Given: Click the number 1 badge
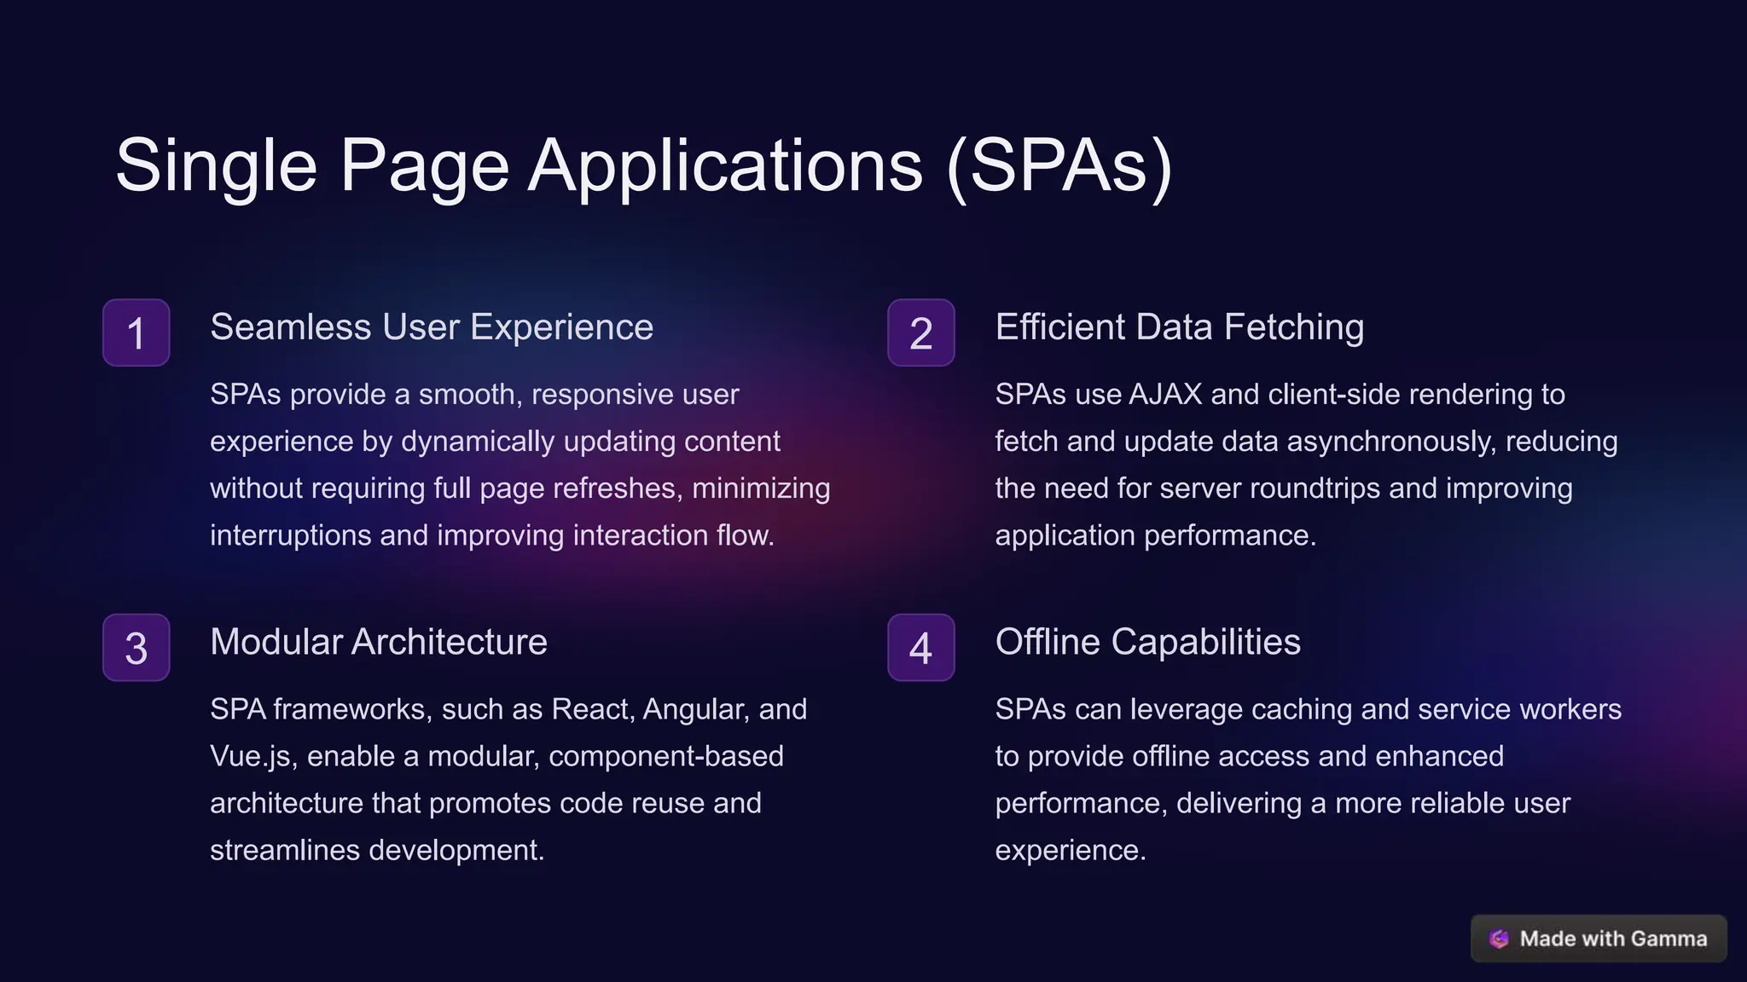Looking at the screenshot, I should pos(136,332).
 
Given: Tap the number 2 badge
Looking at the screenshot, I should pos(920,332).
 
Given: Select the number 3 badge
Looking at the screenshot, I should pos(136,648).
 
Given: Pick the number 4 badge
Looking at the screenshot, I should pos(920,648).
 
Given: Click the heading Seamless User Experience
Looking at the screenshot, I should pos(432,327).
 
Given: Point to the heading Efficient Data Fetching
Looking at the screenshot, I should pos(1179,327).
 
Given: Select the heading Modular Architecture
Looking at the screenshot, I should pos(379,642).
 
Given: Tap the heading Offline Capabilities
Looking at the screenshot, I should pos(1147,642).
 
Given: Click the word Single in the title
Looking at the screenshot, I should pos(217,165).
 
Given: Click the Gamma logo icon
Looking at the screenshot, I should pos(1499,939).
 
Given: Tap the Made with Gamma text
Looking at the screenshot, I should pos(1613,939).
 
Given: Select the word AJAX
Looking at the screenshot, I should pos(1164,395).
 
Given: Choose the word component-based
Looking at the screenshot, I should pos(665,756).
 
